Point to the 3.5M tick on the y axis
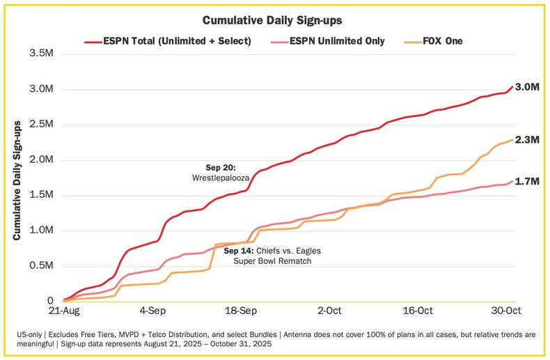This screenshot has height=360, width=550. pos(41,54)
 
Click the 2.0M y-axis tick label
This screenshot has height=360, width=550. pos(41,159)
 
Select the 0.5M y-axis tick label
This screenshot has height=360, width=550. pos(41,265)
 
